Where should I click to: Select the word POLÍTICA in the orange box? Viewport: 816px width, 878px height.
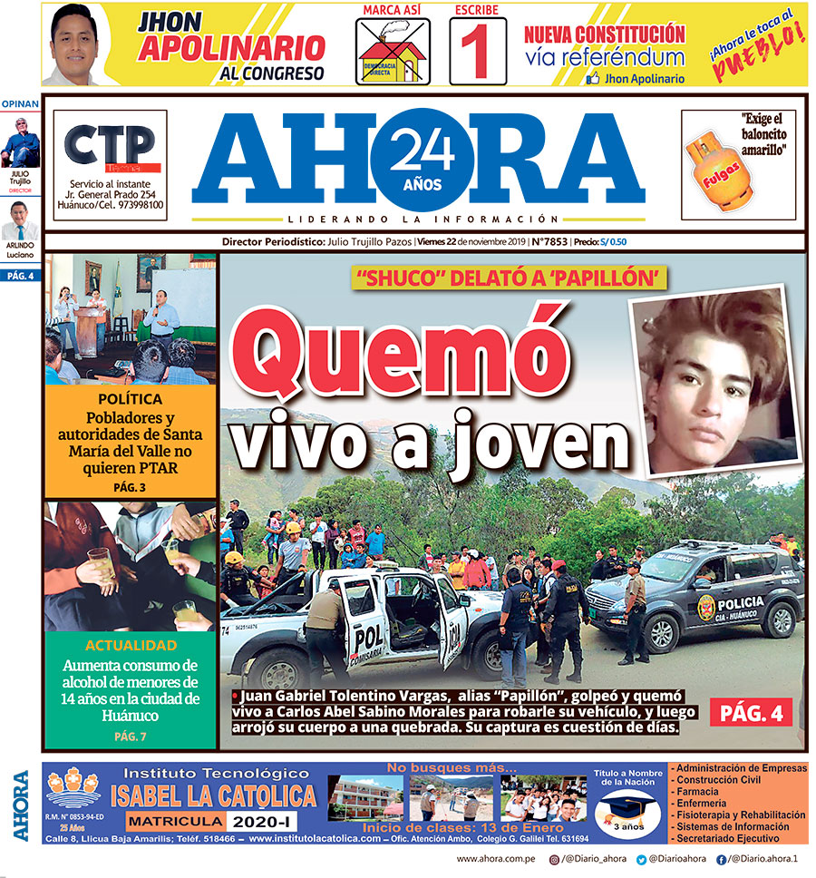coord(130,399)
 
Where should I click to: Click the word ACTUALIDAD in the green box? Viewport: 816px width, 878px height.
coord(130,646)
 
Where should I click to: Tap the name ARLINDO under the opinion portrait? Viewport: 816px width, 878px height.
coord(20,245)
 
